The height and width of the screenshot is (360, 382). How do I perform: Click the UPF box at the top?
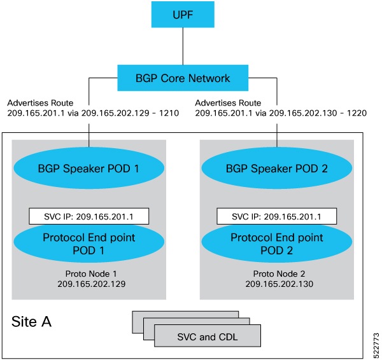[183, 15]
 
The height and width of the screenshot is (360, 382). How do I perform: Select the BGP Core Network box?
[183, 79]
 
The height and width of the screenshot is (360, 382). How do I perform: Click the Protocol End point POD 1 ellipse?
[88, 242]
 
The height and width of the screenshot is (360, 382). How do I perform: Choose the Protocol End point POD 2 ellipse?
[277, 242]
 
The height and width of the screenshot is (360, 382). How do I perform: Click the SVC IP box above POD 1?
[88, 216]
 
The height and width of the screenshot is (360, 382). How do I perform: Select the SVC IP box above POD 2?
[277, 216]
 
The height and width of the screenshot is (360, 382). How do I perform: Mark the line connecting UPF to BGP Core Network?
[183, 46]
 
